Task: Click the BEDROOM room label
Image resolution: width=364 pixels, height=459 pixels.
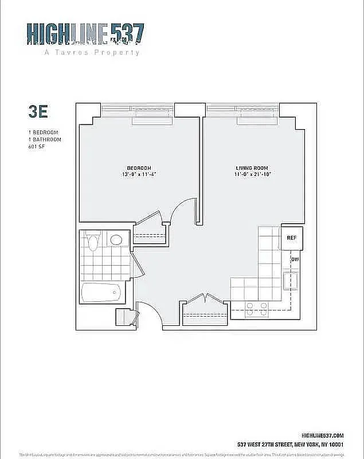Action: point(139,168)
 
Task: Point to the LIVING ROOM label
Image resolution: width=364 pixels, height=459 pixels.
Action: point(253,168)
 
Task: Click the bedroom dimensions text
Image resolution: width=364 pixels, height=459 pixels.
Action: point(139,174)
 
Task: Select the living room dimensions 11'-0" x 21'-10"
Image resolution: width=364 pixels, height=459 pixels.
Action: point(253,174)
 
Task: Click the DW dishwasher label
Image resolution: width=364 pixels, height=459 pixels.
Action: point(295,260)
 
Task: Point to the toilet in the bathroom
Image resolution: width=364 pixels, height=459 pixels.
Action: point(92,240)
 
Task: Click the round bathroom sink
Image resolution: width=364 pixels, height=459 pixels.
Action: point(116,240)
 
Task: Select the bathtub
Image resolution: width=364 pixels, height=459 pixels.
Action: point(102,293)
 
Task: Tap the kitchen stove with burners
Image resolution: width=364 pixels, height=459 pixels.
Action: point(256,309)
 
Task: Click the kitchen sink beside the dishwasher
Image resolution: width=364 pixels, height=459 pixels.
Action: point(291,282)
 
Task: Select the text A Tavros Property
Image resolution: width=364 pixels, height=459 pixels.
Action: point(92,52)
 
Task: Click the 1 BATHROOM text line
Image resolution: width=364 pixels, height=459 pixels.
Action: point(44,139)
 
